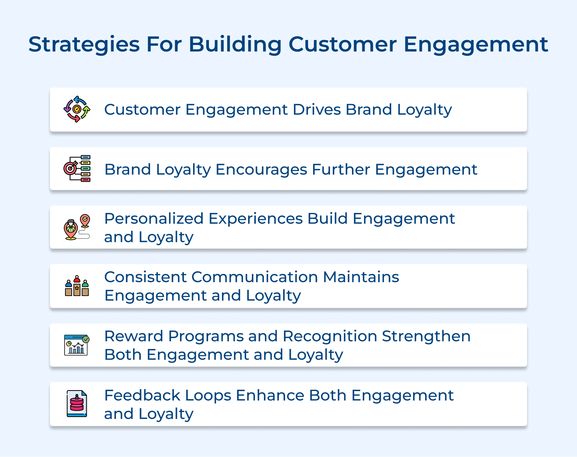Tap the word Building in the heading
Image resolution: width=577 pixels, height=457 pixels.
coord(235,45)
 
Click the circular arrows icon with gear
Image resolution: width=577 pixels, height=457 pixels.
coord(77,109)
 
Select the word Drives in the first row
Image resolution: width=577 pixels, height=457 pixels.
coord(317,110)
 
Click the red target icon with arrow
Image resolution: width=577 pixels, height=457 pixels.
coord(70,168)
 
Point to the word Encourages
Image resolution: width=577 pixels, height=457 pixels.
coord(261,170)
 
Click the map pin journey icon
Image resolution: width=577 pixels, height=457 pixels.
coord(77,227)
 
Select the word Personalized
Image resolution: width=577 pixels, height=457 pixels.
coord(154,219)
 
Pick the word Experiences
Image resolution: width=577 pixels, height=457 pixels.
coord(255,219)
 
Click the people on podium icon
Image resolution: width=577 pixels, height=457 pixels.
coord(77,286)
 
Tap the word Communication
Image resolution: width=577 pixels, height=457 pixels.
coord(254,277)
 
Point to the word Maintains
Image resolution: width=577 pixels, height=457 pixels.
coord(361,277)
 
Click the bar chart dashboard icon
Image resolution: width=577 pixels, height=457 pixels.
coord(76,345)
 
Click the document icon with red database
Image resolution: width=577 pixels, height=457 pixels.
coord(77,404)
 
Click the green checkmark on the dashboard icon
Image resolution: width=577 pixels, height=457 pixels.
coord(86,339)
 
